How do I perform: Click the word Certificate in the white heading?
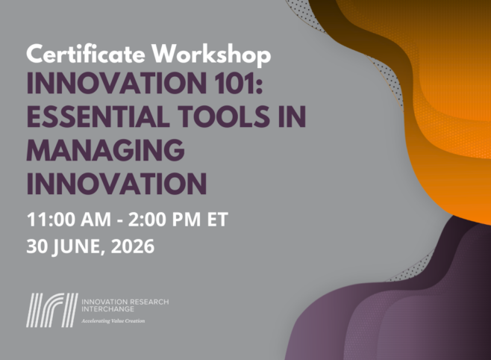tap(86, 54)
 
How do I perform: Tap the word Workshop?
tap(212, 54)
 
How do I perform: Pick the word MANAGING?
tap(106, 149)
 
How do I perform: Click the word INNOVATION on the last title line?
tap(117, 184)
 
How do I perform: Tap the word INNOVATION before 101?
tap(115, 83)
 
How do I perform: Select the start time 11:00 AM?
tap(69, 219)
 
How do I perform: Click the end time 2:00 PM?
tap(164, 219)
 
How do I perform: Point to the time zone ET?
tap(217, 219)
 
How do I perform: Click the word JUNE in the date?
tap(78, 247)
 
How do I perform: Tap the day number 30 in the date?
tap(37, 246)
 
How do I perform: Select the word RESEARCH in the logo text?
tap(149, 302)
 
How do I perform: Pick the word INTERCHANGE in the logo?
tap(107, 309)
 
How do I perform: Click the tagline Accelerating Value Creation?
tap(113, 321)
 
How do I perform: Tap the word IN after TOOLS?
tap(293, 116)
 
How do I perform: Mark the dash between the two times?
tap(119, 221)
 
